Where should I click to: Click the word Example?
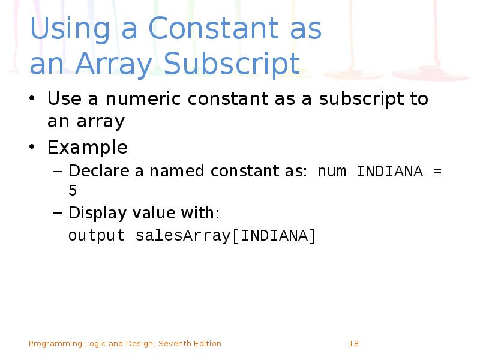pos(88,147)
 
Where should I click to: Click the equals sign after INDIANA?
pos(437,172)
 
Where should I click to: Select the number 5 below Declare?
pos(73,191)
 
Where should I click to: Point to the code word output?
pos(97,236)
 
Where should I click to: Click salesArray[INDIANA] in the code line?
pos(226,236)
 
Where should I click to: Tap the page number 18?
pos(353,344)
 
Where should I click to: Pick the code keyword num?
pos(332,172)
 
